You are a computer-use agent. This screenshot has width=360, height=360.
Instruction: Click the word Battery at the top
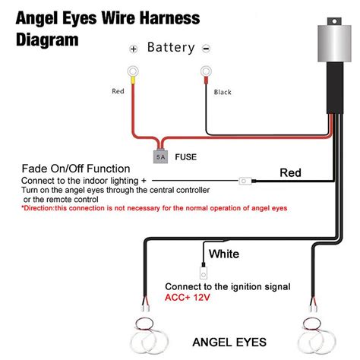[172, 48]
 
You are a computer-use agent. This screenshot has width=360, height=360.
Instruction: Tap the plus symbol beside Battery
[134, 49]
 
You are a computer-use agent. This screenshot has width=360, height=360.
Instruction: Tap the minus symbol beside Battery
[206, 49]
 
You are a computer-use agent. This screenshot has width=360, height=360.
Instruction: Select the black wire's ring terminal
[205, 74]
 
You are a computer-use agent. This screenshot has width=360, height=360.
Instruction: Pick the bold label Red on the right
[291, 173]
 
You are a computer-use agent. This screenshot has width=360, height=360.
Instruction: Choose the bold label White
[225, 253]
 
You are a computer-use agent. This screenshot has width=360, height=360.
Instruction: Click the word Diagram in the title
[46, 38]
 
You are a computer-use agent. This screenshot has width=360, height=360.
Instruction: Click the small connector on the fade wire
[245, 181]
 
